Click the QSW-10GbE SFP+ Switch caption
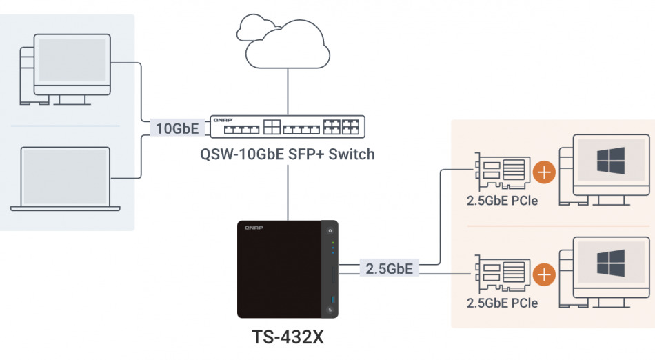coord(287,154)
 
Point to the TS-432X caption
coord(287,338)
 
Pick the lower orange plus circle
coord(545,274)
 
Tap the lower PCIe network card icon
coord(502,275)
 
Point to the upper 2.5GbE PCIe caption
coord(502,201)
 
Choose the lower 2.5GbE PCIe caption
coord(502,303)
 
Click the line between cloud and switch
coord(287,90)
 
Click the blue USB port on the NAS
coord(332,299)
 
